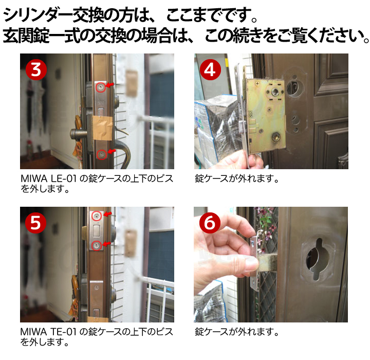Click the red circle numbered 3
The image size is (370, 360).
pos(36,69)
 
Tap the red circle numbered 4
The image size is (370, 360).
pos(210,69)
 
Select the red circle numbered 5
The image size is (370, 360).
pos(35,223)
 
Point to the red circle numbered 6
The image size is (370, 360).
pos(210,223)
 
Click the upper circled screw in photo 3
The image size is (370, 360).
pos(101,87)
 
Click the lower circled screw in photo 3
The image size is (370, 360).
pos(102,154)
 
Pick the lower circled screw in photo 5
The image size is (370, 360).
pos(96,246)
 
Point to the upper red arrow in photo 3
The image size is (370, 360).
pos(109,85)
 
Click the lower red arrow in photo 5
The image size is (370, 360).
pos(106,244)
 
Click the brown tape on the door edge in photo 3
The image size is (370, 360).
pos(103,128)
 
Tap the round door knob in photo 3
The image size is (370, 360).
pos(76,134)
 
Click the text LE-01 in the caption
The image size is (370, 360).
pos(64,178)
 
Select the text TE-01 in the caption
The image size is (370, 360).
pos(64,332)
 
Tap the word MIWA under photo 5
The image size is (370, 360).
pos(34,332)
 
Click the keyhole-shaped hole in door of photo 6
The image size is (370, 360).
pos(318,259)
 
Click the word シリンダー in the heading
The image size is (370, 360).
pos(38,14)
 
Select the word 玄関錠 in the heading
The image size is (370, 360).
pos(26,35)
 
